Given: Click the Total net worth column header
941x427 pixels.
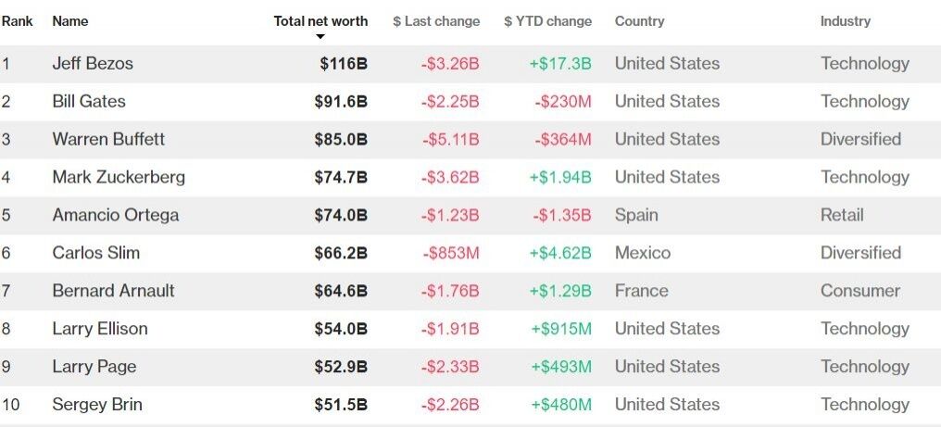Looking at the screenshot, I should (x=320, y=21).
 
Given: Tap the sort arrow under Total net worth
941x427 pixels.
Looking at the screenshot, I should (x=320, y=37).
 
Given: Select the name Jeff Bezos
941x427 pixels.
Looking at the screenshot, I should (x=93, y=64).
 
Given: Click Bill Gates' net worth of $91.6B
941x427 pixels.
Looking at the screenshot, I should (x=341, y=102).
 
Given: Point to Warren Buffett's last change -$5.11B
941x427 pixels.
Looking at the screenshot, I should (x=450, y=140).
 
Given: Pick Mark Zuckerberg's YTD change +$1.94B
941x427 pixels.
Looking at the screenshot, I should (x=560, y=178).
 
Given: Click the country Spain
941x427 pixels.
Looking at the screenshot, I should (x=636, y=215).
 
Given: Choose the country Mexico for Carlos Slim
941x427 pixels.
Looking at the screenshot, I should (x=643, y=253).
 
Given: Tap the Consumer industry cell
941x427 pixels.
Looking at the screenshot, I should (x=860, y=291).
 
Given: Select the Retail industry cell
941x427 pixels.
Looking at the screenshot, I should (x=842, y=215).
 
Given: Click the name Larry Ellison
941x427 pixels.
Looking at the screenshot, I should (x=100, y=329).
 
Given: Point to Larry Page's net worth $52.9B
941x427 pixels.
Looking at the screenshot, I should (x=341, y=367).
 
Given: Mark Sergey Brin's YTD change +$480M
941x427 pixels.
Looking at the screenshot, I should (x=561, y=405).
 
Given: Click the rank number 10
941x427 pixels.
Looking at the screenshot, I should (x=9, y=405).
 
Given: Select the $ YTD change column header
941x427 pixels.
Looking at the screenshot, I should (x=547, y=21).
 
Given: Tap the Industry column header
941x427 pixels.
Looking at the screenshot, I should (x=845, y=21).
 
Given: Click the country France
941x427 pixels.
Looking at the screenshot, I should (x=641, y=291).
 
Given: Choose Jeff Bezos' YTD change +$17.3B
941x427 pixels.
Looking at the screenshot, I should (x=560, y=64).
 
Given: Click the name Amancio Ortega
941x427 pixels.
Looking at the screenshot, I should (x=116, y=215).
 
